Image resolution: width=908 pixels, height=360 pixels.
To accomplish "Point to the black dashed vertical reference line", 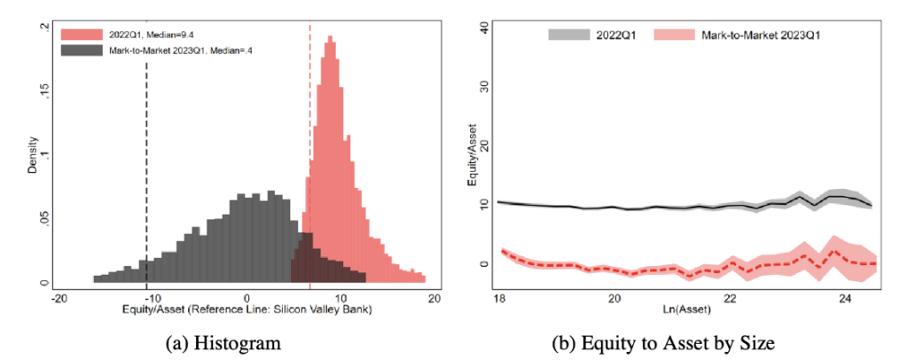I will (146, 160).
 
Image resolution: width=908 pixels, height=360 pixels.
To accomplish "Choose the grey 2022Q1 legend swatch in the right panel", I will (566, 35).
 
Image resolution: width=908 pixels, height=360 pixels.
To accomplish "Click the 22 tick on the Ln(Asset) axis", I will (729, 300).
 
